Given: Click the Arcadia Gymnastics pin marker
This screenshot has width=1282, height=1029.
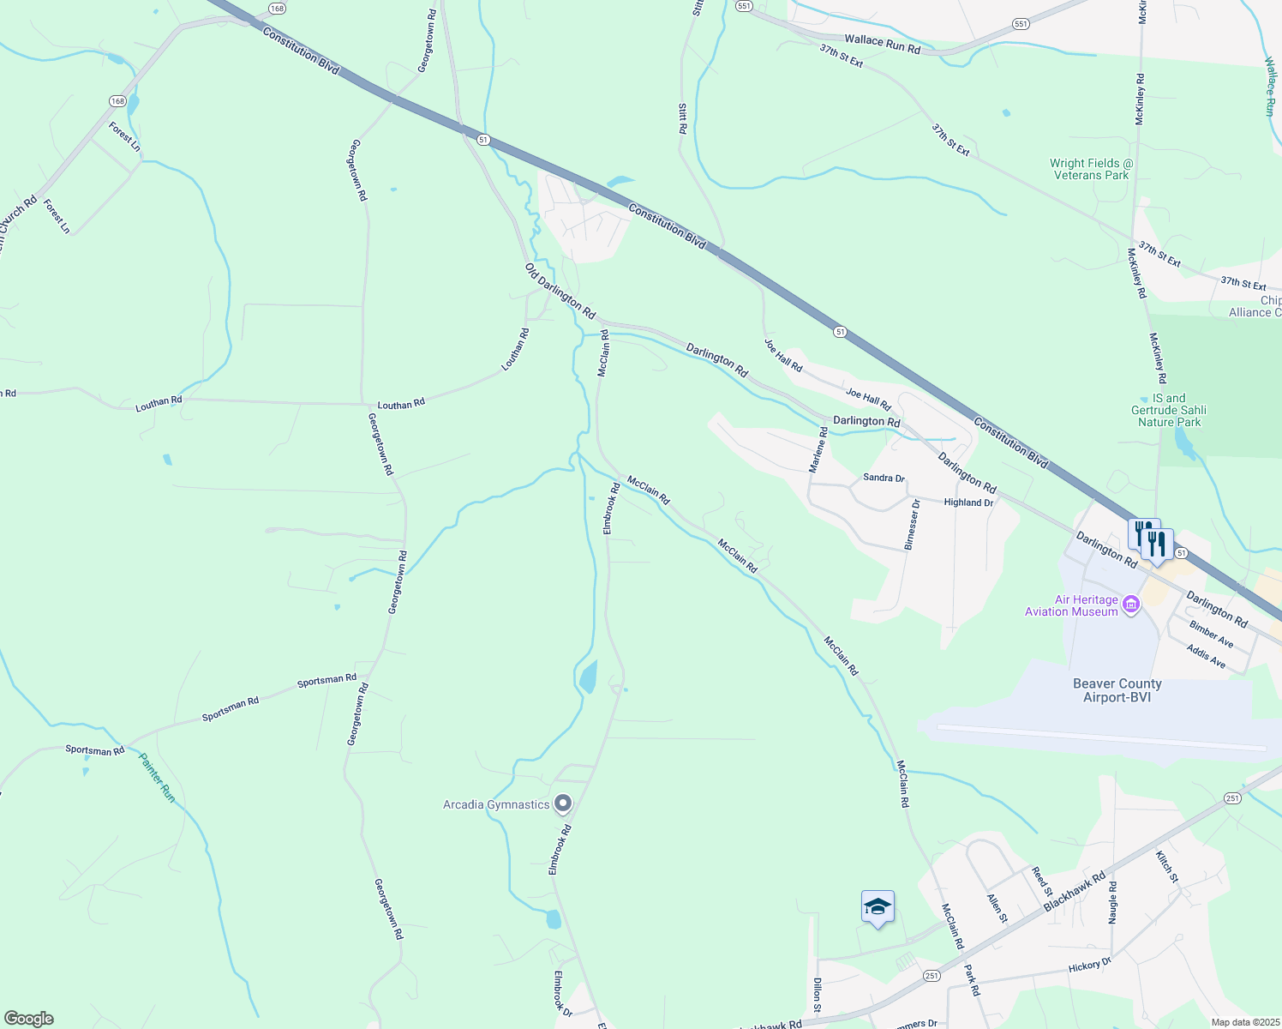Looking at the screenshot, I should pos(563,803).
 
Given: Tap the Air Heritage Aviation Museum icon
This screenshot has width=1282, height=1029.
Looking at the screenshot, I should pos(1130,605).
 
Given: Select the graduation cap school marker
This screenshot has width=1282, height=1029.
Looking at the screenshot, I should pos(878,907).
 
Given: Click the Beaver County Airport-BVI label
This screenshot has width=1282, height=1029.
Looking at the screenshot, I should pos(1117,690).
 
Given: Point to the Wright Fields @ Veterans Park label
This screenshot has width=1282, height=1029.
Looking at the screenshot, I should pos(1091,169).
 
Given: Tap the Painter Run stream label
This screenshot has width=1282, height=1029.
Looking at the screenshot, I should pos(158,778).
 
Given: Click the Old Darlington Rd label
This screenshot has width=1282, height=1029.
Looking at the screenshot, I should pos(560,292).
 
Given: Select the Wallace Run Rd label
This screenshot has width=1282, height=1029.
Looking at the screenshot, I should pos(882,45).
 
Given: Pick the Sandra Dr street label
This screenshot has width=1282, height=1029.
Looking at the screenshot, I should pos(884,478).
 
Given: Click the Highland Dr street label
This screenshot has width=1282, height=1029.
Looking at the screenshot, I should pos(968,502).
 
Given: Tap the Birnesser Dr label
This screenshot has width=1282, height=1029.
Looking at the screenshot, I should pos(911,524).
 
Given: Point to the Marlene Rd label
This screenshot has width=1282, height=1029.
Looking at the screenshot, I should pos(818,450).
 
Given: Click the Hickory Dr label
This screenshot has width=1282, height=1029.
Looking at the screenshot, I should pos(1089,966).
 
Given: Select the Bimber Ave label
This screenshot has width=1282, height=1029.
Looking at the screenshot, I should pos(1211,635).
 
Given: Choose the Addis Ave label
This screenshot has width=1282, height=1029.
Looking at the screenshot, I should pos(1206,658).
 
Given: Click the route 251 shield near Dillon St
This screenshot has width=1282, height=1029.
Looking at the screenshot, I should pos(932,976).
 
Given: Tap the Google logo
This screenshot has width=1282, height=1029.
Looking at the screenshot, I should pos(28,1019).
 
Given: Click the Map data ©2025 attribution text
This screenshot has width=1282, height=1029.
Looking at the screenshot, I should pos(1244,1022).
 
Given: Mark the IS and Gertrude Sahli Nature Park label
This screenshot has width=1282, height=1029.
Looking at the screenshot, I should pos(1169,410).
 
